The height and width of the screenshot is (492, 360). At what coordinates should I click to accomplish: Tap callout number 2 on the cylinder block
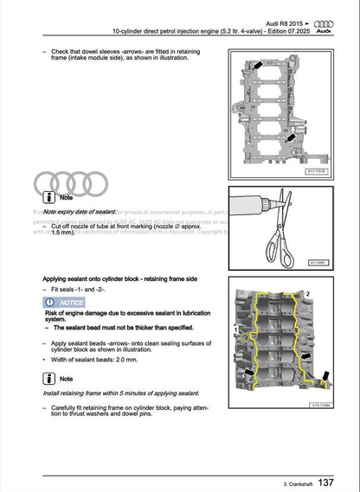click(x=305, y=295)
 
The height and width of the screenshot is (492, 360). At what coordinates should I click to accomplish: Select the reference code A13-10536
click(x=321, y=171)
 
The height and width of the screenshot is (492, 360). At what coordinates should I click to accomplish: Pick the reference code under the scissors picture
click(x=320, y=261)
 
